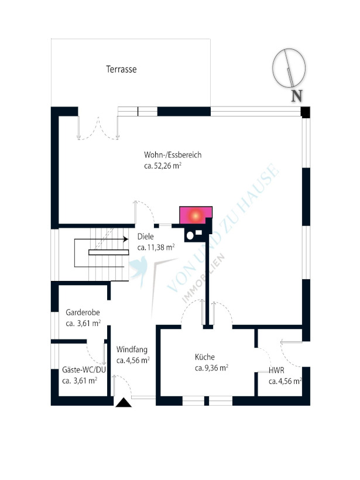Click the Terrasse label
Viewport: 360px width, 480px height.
[x=121, y=69]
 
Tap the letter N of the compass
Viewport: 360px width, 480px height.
[x=297, y=96]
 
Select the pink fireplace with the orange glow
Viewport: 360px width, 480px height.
[x=196, y=215]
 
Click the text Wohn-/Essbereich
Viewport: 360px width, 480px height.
[x=173, y=155]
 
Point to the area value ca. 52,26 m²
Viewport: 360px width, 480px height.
[x=163, y=166]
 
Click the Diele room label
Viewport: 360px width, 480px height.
[x=145, y=236]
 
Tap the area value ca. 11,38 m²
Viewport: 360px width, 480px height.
[x=156, y=248]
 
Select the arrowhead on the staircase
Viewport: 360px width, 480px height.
[x=125, y=239]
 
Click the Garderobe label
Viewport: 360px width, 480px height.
[x=83, y=313]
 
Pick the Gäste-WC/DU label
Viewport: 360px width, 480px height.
[x=84, y=370]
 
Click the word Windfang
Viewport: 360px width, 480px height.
[x=132, y=349]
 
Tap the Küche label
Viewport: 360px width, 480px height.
[x=205, y=357]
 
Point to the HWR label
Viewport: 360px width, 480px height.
[x=276, y=371]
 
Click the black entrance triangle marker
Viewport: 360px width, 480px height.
[x=124, y=403]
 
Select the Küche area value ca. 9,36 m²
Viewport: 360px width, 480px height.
[x=211, y=368]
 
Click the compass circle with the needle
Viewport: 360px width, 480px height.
[x=289, y=67]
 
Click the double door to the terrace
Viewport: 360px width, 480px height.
[x=98, y=128]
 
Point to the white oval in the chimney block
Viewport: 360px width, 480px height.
[x=190, y=235]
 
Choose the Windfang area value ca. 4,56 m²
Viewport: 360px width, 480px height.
[x=133, y=361]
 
